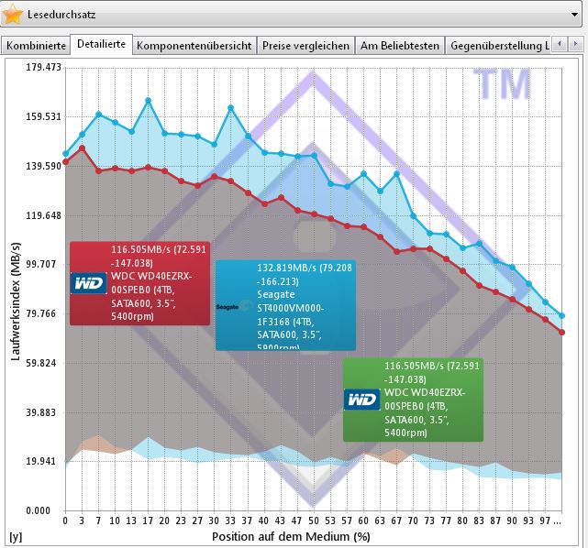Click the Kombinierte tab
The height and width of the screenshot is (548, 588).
pos(37,45)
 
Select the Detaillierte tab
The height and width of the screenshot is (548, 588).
pos(101,44)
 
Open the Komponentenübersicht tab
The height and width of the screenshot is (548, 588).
pos(194,45)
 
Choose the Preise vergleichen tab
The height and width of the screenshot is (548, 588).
pos(305,45)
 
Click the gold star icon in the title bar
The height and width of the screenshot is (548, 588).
pos(14,15)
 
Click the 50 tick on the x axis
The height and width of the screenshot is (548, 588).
pos(314,521)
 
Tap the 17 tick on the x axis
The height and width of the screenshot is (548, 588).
pos(148,521)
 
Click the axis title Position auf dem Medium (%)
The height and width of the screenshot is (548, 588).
pos(292,535)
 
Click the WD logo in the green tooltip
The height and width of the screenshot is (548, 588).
pos(362,400)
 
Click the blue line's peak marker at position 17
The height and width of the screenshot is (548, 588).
pos(148,101)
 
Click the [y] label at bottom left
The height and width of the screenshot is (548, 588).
pos(15,535)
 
